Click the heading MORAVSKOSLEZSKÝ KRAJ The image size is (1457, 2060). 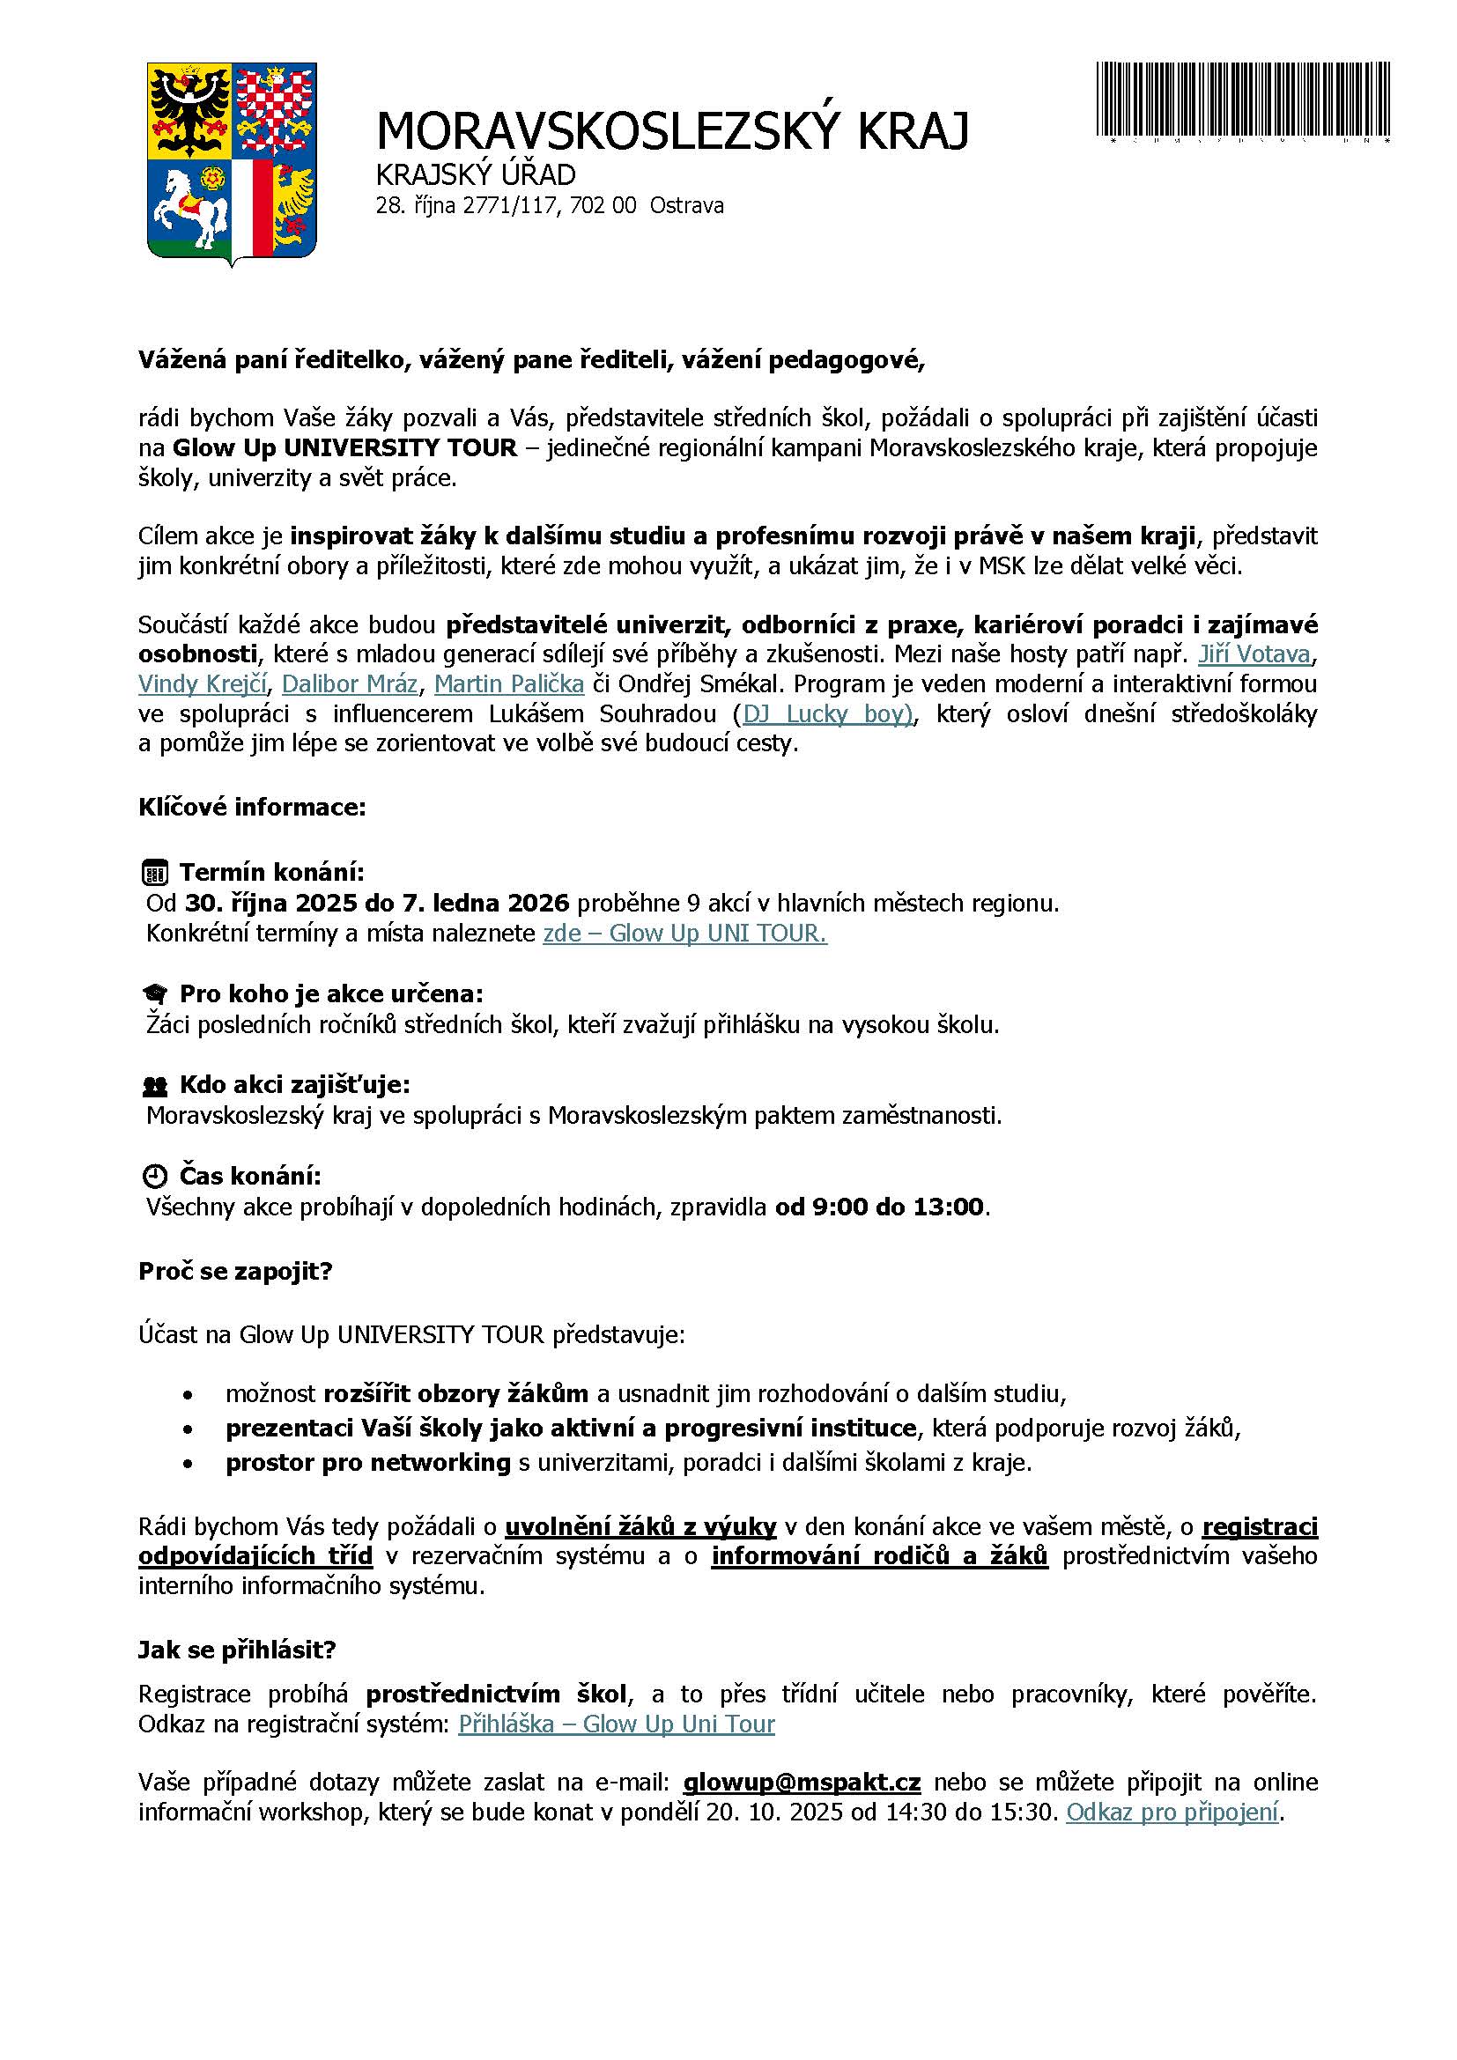coord(672,131)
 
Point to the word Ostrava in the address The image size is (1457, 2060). coord(686,206)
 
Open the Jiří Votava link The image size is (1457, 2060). coord(1254,654)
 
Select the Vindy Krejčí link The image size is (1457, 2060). coord(203,683)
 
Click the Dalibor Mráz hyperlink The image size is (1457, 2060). coord(349,683)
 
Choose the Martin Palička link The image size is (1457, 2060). coord(508,683)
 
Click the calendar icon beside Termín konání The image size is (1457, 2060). coord(155,872)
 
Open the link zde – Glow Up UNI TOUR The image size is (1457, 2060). coord(684,933)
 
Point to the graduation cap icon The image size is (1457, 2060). coord(155,994)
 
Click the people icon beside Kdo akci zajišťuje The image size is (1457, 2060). coord(155,1086)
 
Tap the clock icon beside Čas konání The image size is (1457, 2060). coord(155,1177)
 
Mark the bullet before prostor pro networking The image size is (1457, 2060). coord(187,1464)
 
